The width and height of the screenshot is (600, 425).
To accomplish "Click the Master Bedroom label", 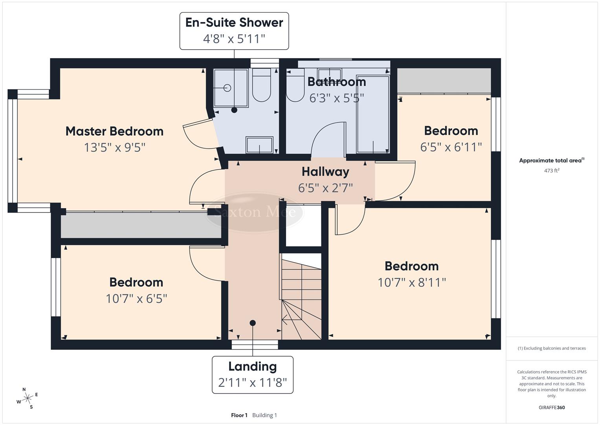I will click(114, 131).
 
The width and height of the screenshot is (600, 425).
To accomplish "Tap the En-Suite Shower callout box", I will click(234, 31).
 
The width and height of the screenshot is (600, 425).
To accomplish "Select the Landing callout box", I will click(253, 374).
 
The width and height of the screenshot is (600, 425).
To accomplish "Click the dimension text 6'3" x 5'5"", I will click(336, 98).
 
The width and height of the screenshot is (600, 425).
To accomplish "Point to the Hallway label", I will click(325, 172).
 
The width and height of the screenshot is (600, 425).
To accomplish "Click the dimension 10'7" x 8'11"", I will click(411, 282).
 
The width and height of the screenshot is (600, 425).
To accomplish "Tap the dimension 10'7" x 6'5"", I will click(136, 299).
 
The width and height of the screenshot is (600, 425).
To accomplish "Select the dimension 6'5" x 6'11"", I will click(451, 147).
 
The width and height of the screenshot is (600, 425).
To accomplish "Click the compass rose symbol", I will click(28, 398).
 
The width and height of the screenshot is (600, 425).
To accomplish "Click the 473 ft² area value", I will click(552, 171).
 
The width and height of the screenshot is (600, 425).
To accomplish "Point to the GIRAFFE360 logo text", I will click(552, 407).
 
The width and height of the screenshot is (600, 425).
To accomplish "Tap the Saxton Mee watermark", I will click(255, 212).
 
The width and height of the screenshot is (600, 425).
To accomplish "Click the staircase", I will click(301, 297).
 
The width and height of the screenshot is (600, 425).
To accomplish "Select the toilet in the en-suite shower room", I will click(261, 85).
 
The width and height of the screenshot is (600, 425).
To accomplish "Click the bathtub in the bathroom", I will click(372, 114).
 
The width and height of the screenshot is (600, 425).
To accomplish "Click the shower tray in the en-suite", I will click(231, 88).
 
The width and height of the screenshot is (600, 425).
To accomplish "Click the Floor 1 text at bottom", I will click(239, 415).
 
